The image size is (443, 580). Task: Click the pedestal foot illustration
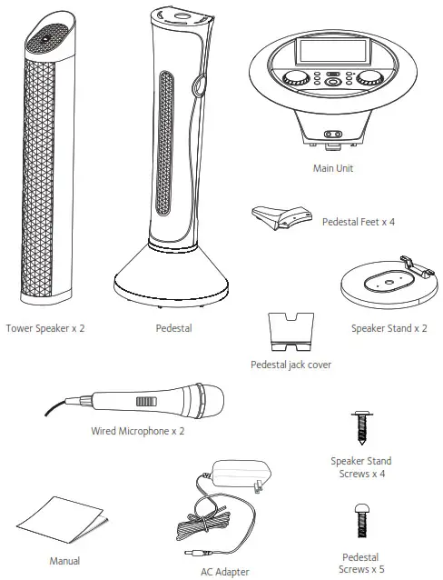(x=281, y=218)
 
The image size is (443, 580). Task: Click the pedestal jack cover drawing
(x=290, y=333)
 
